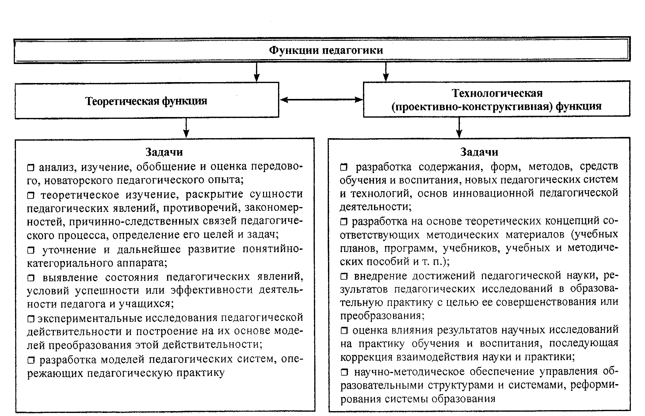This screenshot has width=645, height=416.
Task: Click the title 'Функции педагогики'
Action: [326, 50]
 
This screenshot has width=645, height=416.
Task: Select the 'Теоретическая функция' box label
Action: [146, 101]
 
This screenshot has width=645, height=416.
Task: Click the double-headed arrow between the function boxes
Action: [321, 100]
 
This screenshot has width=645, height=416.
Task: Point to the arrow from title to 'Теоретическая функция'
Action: [257, 72]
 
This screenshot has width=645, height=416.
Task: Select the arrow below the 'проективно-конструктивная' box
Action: [459, 127]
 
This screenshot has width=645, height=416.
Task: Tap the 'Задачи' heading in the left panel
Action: [164, 152]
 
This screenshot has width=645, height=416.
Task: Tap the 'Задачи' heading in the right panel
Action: [479, 152]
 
